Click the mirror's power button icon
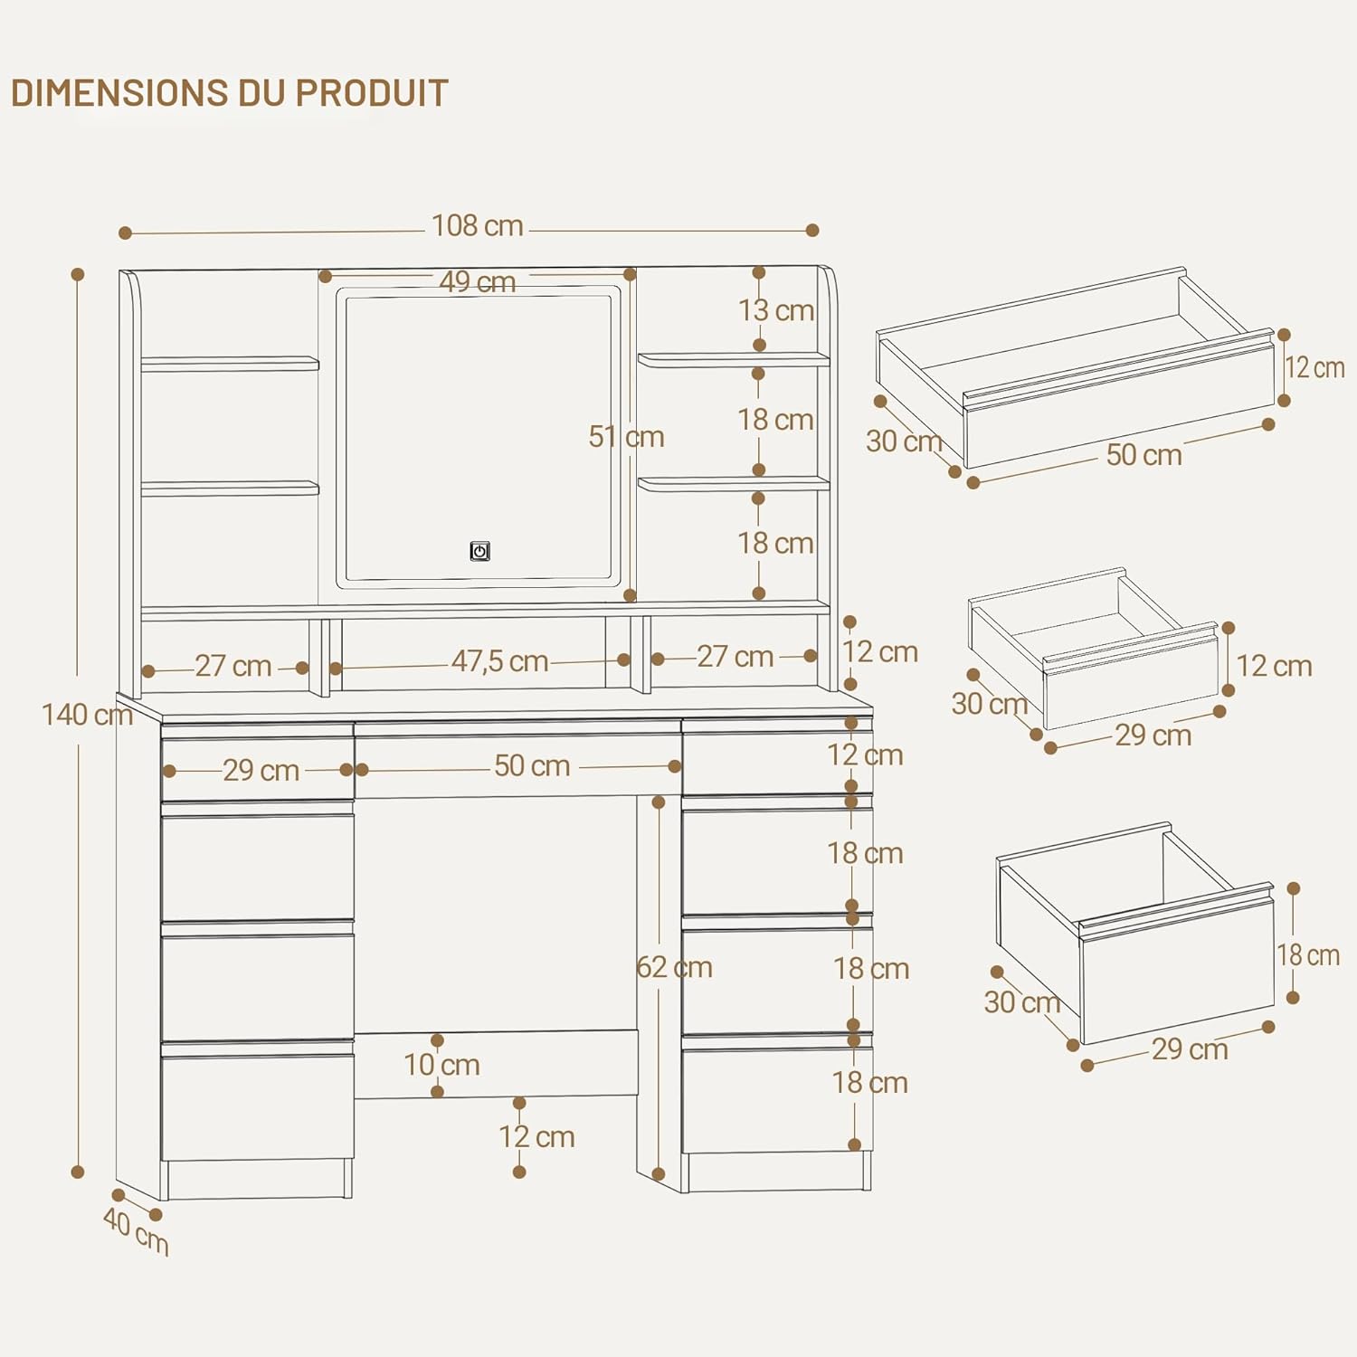click(479, 551)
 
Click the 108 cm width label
click(478, 225)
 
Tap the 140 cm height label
click(87, 715)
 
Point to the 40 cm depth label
click(136, 1231)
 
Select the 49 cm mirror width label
click(478, 281)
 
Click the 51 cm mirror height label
click(626, 437)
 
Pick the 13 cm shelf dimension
click(776, 310)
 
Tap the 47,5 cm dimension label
click(500, 661)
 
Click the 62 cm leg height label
click(674, 967)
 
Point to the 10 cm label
click(441, 1065)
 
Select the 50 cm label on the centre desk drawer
click(532, 766)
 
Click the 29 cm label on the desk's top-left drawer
click(261, 770)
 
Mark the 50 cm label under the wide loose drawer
click(1144, 454)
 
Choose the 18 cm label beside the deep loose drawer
click(1308, 954)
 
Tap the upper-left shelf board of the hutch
click(230, 364)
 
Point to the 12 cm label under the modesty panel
click(536, 1136)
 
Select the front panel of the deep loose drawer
click(1177, 969)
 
